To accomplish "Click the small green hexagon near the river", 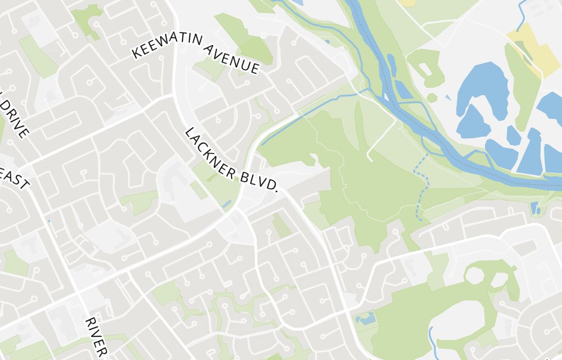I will tap(432, 98).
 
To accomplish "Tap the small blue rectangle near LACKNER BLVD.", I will tap(227, 203).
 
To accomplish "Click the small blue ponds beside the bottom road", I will tap(366, 318).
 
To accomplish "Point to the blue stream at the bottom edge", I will tap(431, 337).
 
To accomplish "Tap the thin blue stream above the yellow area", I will tap(523, 14).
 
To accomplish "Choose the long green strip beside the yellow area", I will tap(522, 84).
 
